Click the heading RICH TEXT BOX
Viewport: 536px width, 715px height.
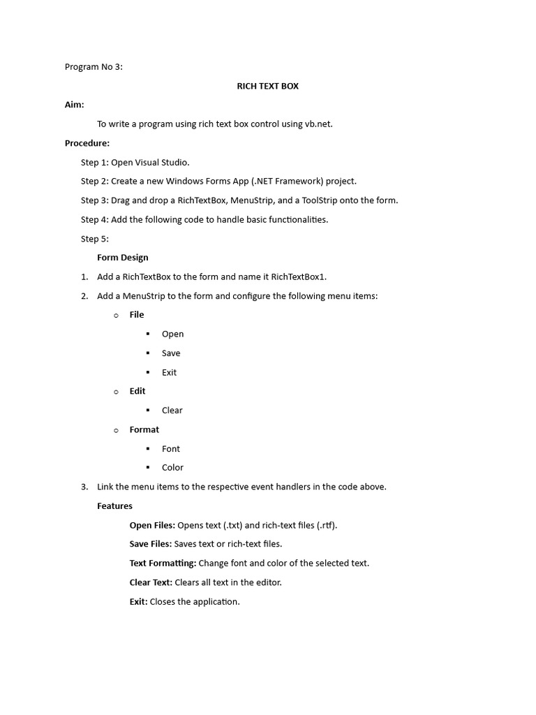click(267, 86)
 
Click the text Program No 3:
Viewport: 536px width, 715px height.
click(94, 67)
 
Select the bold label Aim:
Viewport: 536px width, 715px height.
click(75, 105)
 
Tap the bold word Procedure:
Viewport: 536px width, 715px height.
click(87, 143)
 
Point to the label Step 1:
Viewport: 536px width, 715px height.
click(95, 162)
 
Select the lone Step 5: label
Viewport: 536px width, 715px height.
click(95, 239)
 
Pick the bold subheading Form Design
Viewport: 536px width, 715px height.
click(123, 258)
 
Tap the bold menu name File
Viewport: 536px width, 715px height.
click(137, 315)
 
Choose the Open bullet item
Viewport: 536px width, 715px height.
click(172, 334)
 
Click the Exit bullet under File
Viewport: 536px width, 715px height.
click(169, 372)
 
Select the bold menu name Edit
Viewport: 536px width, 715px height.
click(137, 391)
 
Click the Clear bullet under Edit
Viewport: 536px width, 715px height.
click(172, 411)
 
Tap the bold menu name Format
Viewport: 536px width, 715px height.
click(144, 429)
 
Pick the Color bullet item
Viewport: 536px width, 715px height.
click(172, 468)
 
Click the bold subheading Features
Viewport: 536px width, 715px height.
click(114, 506)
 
